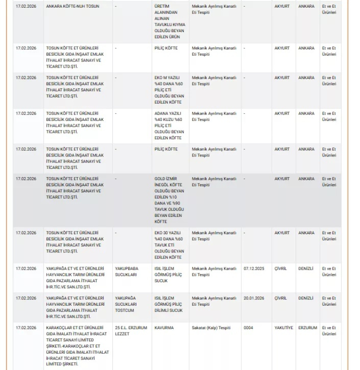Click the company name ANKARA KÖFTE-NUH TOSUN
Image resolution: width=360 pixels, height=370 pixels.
[x=72, y=7]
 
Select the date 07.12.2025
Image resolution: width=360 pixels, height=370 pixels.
[x=253, y=269]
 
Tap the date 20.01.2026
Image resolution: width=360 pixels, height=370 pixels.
[x=253, y=298]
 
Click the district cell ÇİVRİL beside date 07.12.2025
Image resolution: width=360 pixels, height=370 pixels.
[x=281, y=269]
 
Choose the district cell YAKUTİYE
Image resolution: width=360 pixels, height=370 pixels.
[x=283, y=328]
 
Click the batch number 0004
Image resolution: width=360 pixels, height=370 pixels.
[x=248, y=328]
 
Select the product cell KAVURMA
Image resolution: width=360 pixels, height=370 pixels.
[x=164, y=328]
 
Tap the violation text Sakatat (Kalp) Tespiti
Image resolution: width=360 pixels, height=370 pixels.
[x=211, y=328]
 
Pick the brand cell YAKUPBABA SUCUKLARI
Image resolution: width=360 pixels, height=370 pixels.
[x=127, y=272]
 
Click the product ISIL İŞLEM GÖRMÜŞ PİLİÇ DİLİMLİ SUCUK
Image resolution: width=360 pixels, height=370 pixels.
[x=168, y=304]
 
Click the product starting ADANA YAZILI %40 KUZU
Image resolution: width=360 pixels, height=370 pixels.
[x=169, y=126]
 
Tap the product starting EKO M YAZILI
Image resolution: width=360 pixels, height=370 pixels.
[x=169, y=90]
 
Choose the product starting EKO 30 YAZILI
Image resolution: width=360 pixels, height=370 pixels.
[x=169, y=245]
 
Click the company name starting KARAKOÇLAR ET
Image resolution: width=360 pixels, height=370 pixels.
[x=77, y=346]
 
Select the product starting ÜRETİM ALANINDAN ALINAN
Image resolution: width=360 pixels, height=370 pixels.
[x=169, y=21]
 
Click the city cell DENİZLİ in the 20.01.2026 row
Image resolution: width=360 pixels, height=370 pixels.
[x=306, y=298]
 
